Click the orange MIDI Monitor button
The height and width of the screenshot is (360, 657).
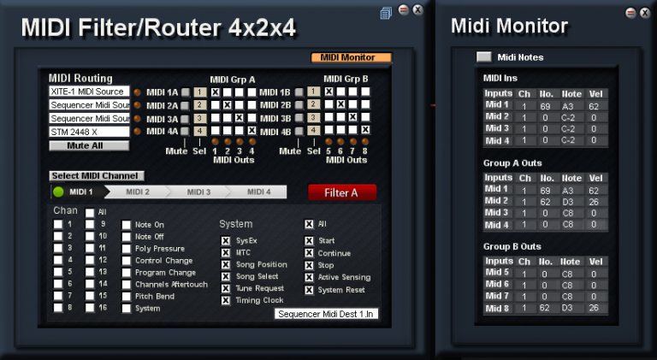[x=351, y=58]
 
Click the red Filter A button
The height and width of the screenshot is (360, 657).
[x=341, y=192]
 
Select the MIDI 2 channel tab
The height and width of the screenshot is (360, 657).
[x=138, y=192]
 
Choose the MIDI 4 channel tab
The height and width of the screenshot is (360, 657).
[x=259, y=192]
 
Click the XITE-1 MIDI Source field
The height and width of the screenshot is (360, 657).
[x=89, y=91]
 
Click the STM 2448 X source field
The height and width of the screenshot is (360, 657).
[x=89, y=132]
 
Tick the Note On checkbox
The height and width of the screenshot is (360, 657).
[x=127, y=225]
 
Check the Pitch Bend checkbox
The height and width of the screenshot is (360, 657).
[x=127, y=297]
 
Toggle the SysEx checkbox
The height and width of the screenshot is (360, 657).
[x=226, y=241]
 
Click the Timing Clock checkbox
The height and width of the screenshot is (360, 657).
[x=226, y=301]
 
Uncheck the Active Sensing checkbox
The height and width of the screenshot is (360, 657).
[x=309, y=277]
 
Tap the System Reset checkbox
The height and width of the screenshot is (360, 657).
[x=309, y=289]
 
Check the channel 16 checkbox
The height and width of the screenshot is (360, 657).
[x=90, y=308]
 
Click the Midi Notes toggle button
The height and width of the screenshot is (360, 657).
[x=484, y=57]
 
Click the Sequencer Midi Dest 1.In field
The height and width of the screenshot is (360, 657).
[x=327, y=314]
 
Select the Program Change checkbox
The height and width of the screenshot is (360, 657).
[x=127, y=273]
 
